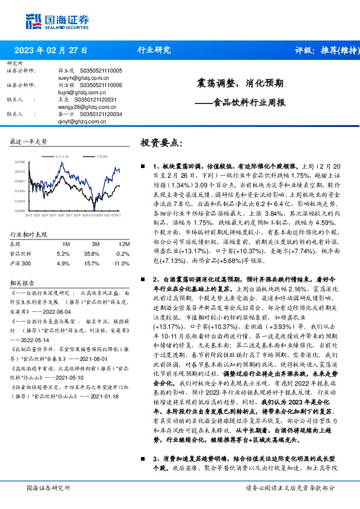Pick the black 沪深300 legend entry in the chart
point(100,156)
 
